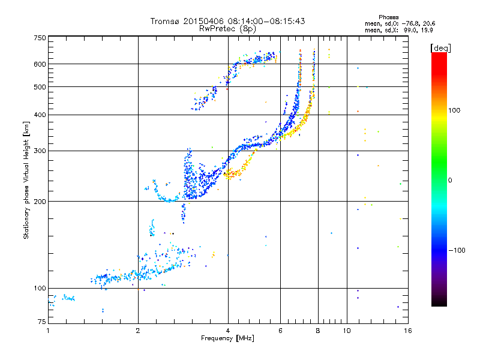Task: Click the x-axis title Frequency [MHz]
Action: pyautogui.click(x=227, y=339)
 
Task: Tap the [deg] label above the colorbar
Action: pyautogui.click(x=441, y=47)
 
